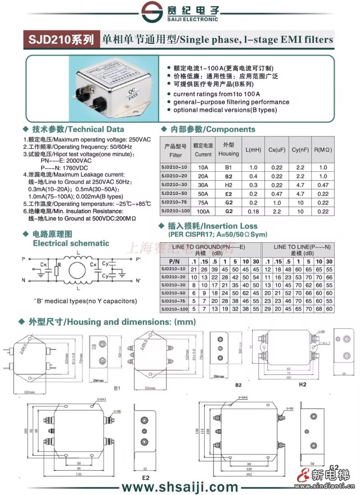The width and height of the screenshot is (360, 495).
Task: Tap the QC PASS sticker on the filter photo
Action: (133, 93)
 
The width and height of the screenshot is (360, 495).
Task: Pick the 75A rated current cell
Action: (203, 202)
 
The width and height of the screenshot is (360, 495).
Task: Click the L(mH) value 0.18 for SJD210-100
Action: (254, 211)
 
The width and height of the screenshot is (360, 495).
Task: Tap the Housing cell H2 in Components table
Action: (229, 185)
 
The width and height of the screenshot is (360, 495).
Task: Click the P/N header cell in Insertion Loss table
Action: (174, 261)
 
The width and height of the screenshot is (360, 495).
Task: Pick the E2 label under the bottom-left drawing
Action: (145, 477)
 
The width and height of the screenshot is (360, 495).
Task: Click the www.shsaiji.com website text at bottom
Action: (180, 486)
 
